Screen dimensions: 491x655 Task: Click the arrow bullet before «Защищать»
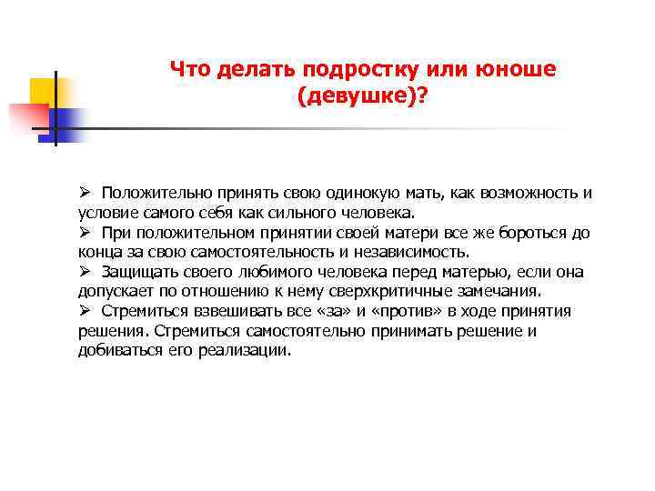(84, 272)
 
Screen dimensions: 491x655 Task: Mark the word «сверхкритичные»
(407, 292)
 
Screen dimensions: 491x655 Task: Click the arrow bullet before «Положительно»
(84, 193)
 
